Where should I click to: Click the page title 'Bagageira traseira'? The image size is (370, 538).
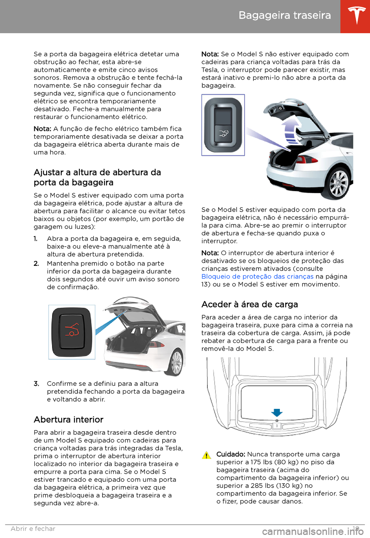(x=284, y=15)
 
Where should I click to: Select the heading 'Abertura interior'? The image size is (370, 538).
(x=69, y=420)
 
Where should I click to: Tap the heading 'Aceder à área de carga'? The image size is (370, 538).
(x=249, y=304)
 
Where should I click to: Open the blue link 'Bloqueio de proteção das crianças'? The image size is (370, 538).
(x=257, y=277)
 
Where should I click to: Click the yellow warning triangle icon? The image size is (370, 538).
(x=207, y=456)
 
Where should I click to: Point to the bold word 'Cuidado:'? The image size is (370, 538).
(x=230, y=454)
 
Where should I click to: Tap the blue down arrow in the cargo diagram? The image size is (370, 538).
(x=277, y=412)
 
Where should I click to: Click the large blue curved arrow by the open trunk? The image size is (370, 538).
(x=292, y=129)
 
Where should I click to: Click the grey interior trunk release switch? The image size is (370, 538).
(x=223, y=125)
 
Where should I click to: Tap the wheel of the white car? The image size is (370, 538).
(x=177, y=362)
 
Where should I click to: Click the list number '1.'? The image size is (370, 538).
(x=35, y=239)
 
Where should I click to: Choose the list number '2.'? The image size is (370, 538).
(x=36, y=264)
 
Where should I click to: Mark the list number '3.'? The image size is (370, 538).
(x=36, y=384)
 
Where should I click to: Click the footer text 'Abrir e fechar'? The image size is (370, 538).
(x=33, y=529)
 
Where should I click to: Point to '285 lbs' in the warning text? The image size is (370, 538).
(x=261, y=486)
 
